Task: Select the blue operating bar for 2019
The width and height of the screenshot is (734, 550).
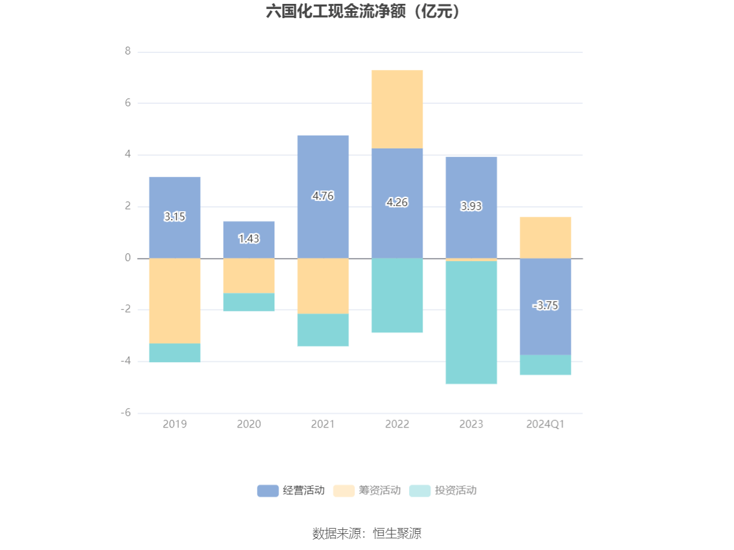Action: click(174, 194)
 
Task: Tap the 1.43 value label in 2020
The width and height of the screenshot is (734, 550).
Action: click(249, 238)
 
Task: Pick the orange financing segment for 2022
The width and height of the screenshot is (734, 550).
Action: click(397, 109)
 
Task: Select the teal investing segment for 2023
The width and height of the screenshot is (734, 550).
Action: click(471, 322)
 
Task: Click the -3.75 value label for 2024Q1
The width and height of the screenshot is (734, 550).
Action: click(545, 305)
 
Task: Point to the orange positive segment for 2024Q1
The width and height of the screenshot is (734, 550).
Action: click(545, 237)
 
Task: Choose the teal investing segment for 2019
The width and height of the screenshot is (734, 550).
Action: click(174, 352)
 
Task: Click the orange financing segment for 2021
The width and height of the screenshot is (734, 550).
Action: click(322, 286)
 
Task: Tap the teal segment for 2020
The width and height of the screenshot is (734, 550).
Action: click(249, 302)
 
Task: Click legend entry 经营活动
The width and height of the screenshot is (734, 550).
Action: click(291, 490)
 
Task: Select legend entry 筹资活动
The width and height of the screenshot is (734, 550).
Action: click(367, 490)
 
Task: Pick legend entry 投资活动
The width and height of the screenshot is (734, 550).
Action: click(443, 490)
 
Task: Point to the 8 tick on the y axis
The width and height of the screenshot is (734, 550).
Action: click(128, 51)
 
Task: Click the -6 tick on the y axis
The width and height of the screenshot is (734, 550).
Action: click(126, 413)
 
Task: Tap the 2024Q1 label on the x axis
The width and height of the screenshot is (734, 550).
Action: click(545, 424)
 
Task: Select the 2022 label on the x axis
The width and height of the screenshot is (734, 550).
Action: click(397, 424)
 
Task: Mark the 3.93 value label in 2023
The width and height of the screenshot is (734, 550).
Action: click(471, 206)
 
